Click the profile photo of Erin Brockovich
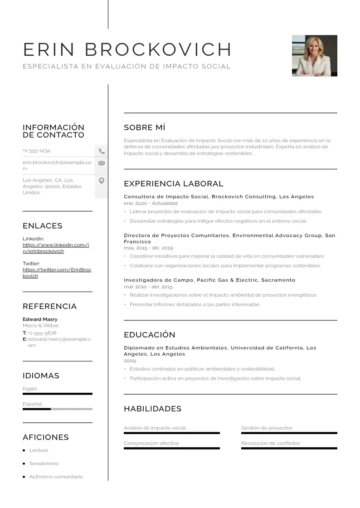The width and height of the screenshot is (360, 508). coord(314,55)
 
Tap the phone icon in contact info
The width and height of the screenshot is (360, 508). coord(102,151)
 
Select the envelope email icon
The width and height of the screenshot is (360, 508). coord(102,163)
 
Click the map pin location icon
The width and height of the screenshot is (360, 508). coord(102,181)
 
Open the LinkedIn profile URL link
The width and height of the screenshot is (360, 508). coord(55,248)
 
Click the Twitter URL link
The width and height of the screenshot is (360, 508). coord(57,273)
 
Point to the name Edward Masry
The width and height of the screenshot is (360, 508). coord(40,319)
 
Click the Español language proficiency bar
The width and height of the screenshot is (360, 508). coord(57,409)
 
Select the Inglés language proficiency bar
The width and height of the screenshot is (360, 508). coord(57,394)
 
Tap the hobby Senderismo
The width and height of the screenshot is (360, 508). coord(44,464)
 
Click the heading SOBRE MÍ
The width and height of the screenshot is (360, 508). coord(144,127)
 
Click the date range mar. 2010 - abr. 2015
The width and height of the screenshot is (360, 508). coord(148,287)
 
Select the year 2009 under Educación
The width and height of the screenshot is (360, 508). coord(130,361)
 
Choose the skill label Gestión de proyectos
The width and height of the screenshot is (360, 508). coord(267,428)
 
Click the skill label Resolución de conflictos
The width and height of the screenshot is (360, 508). coord(270,444)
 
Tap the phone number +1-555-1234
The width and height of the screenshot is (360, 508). coord(36,151)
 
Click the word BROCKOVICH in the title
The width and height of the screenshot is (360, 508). coord(158,49)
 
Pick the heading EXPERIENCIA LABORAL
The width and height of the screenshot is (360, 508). coord(173,184)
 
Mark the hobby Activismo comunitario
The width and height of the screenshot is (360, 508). coord(56,477)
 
